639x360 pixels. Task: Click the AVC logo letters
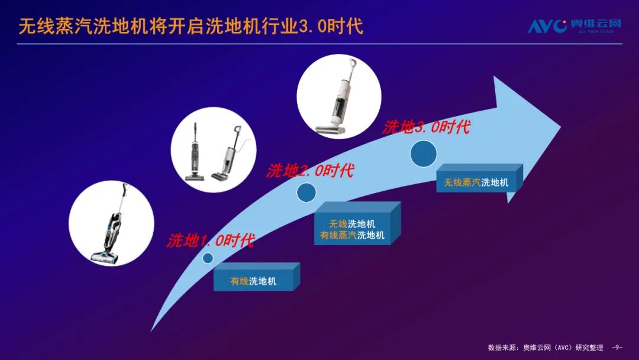[547, 26]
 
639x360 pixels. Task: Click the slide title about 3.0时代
[191, 26]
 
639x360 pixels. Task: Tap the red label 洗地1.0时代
[211, 240]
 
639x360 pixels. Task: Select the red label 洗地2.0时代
[310, 170]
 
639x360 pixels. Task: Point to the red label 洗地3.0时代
[426, 127]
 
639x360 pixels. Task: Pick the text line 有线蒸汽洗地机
[352, 235]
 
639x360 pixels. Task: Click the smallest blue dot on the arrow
[208, 258]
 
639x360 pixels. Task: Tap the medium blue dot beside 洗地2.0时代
[306, 192]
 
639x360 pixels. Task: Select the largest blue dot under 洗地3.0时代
[424, 154]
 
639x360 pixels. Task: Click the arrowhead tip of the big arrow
[561, 126]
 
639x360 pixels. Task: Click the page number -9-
[617, 348]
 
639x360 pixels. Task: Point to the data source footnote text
[546, 348]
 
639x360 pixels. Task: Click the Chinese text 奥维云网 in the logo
[595, 23]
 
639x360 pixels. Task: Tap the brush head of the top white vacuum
[331, 130]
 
